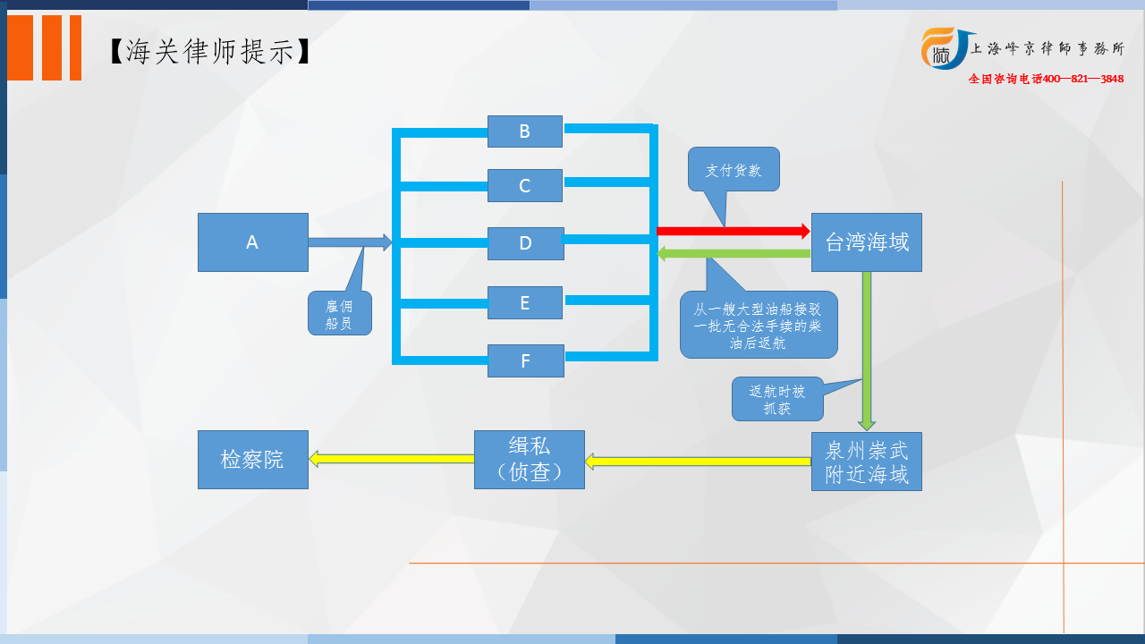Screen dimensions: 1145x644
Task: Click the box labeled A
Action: click(x=253, y=242)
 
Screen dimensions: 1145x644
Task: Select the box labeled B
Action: click(x=525, y=131)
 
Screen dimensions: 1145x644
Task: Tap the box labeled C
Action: click(x=525, y=185)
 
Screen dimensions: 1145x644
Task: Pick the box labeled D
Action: click(x=525, y=244)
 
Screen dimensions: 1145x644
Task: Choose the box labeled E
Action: click(x=525, y=302)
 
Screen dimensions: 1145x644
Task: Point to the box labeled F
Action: click(x=525, y=360)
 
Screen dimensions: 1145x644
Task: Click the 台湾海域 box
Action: click(x=867, y=242)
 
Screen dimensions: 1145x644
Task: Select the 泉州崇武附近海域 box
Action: click(x=867, y=462)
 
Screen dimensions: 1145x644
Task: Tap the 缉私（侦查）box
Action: click(x=529, y=460)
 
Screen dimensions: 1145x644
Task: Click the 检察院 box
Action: click(x=253, y=460)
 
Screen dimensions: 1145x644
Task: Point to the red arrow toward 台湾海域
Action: click(x=733, y=231)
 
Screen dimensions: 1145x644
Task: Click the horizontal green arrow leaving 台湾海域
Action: click(x=734, y=253)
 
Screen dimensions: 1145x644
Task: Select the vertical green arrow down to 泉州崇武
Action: click(x=867, y=352)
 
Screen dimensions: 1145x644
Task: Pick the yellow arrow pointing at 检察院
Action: click(x=392, y=459)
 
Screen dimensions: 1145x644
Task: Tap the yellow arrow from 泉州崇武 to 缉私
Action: click(x=698, y=462)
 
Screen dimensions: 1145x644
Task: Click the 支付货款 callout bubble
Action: click(x=734, y=170)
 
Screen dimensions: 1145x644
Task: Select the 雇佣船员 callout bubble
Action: click(x=339, y=313)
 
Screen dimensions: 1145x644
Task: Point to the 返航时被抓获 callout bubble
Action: click(x=777, y=399)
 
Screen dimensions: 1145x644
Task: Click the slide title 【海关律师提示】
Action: click(x=210, y=52)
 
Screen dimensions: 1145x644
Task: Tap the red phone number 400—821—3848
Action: click(x=1082, y=79)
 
